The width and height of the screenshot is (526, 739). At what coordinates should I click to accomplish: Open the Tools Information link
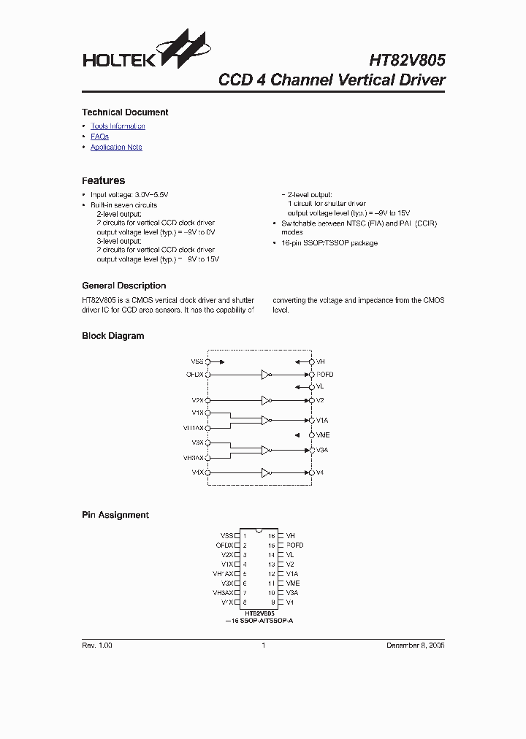118,126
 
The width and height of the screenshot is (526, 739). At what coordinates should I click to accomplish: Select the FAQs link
99,137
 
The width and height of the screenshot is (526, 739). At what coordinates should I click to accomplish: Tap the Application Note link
116,148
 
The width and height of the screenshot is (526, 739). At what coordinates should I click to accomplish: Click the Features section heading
103,180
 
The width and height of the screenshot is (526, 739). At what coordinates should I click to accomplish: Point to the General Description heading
123,286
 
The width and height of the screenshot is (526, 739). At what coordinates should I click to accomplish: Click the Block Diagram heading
113,336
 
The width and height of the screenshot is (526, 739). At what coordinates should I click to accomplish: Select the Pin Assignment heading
115,515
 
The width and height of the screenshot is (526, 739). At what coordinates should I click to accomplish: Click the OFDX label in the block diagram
195,375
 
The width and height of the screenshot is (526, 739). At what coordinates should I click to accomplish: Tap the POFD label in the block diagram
325,375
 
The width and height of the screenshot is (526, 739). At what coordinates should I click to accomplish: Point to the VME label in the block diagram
323,434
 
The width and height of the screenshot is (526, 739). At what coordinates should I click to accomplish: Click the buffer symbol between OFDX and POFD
267,375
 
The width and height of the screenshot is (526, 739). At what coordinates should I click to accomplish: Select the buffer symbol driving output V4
267,472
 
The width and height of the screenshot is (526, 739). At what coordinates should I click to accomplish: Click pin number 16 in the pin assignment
271,535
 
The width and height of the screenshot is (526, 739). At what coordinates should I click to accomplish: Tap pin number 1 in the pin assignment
244,535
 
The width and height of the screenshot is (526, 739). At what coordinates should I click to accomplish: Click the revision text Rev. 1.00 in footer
96,646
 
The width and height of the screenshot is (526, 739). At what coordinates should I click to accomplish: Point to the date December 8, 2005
415,646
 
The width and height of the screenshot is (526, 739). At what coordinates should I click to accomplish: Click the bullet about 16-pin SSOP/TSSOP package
329,242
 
